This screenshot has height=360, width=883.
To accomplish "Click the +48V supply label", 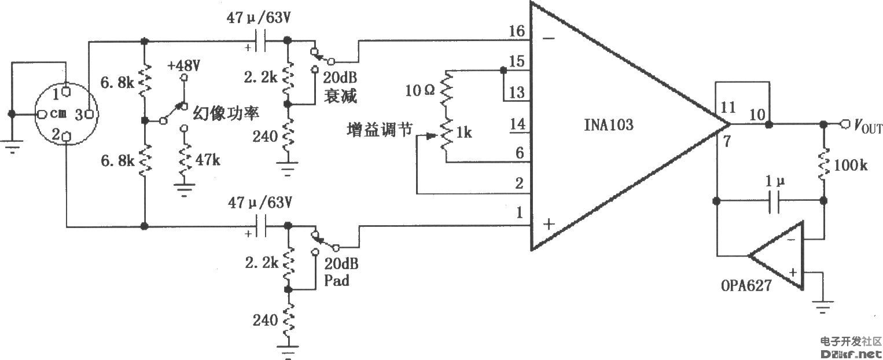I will tap(185, 65).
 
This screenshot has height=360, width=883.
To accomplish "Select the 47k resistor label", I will tap(208, 160).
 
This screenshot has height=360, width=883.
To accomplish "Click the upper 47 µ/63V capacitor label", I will tap(258, 18).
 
